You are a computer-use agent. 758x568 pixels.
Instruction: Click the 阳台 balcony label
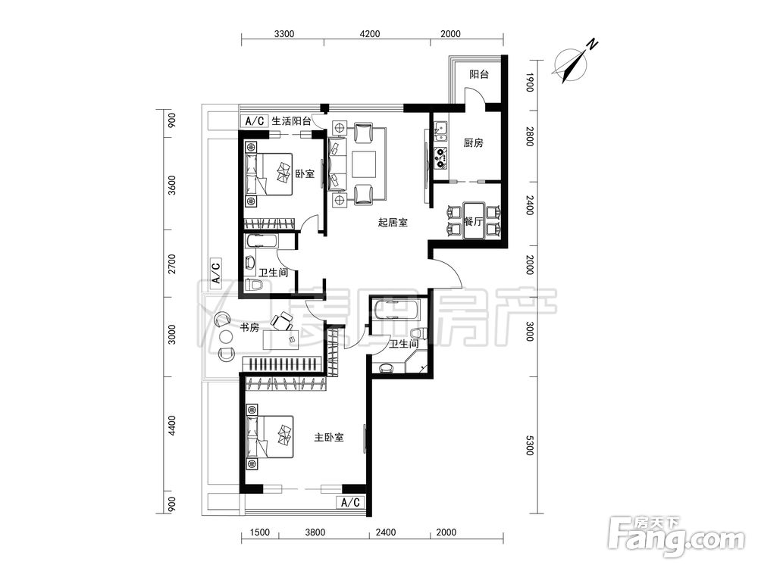pos(479,74)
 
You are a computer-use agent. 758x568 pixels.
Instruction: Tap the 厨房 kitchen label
pos(473,143)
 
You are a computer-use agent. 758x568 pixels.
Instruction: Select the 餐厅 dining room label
pos(473,222)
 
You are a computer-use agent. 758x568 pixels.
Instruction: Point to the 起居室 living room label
pos(393,223)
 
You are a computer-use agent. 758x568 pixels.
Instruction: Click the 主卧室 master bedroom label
pos(329,438)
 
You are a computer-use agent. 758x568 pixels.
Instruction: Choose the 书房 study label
pos(249,328)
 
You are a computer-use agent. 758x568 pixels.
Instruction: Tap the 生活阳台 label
pos(291,120)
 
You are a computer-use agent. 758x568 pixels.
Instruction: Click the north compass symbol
pos(573,63)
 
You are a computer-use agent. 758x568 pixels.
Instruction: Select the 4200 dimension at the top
pos(371,34)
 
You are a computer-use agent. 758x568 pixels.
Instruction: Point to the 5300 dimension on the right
pos(530,445)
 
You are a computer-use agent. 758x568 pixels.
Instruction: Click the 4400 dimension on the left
pos(172,426)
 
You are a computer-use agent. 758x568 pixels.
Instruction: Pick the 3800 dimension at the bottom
pos(315,532)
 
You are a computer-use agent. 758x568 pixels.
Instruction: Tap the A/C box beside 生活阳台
pos(254,120)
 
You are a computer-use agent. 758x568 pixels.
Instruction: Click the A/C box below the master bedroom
pos(350,503)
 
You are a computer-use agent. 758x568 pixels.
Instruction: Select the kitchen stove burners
pos(440,158)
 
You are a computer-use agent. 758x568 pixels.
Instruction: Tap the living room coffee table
pos(364,164)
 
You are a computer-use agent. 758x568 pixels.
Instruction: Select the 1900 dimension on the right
pos(530,82)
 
